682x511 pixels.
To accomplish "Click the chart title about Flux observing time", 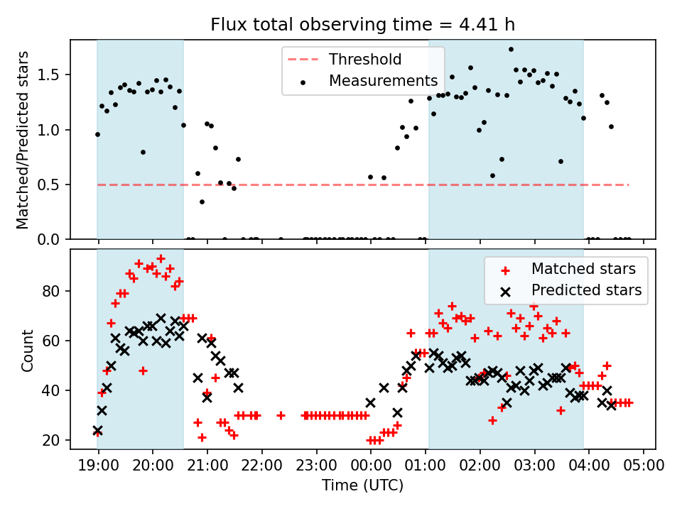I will click(x=362, y=25).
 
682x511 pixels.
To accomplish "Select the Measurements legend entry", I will click(x=383, y=81).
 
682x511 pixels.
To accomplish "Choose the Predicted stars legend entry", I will click(x=586, y=290).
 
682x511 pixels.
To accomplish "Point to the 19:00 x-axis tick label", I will click(x=98, y=466).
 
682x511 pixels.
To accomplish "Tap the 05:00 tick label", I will click(x=644, y=466).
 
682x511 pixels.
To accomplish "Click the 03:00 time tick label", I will click(x=534, y=466).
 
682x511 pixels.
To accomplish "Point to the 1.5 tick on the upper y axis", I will click(x=54, y=75).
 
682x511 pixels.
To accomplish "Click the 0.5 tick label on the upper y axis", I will click(x=54, y=185).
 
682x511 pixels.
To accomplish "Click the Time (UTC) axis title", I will click(x=362, y=486).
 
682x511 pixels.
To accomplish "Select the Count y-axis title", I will click(x=28, y=350).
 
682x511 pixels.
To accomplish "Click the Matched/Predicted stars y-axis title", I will click(x=23, y=140).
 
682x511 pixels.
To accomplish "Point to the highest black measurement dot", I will click(x=511, y=49).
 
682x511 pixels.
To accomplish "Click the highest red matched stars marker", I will click(x=161, y=259).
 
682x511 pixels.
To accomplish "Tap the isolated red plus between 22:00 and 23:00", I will click(x=281, y=415).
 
